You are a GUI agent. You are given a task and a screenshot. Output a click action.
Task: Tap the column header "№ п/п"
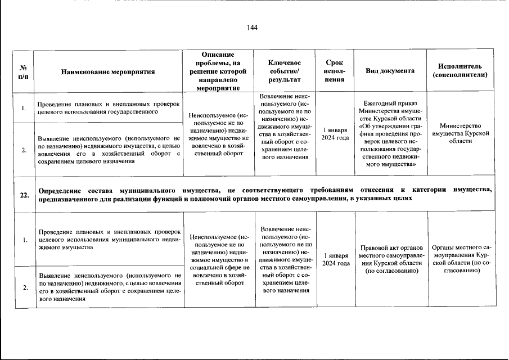[24, 71]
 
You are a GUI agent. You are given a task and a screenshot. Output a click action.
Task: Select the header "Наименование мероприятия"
[108, 71]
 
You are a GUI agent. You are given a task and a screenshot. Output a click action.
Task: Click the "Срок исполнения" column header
[335, 71]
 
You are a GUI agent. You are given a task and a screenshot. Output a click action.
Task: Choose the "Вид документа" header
[390, 71]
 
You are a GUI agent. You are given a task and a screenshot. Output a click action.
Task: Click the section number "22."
[24, 195]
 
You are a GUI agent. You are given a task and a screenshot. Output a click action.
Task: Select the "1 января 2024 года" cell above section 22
[335, 134]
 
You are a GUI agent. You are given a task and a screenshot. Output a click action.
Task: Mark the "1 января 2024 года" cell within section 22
[335, 259]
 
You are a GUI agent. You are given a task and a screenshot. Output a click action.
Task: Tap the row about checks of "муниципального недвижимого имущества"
[108, 239]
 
